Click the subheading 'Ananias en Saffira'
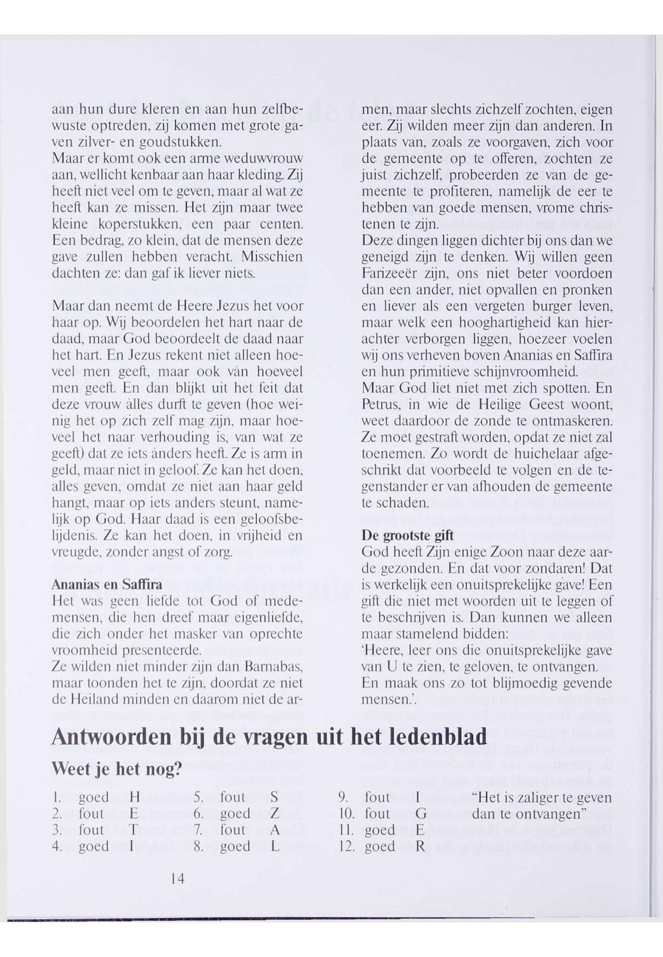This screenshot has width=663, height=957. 106,585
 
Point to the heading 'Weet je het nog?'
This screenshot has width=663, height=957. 117,770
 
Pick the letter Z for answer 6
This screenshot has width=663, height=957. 274,814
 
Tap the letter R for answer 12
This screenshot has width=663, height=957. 420,846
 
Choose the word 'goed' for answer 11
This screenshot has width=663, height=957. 380,830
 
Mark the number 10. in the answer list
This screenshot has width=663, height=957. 346,814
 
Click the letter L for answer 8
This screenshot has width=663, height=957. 274,846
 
